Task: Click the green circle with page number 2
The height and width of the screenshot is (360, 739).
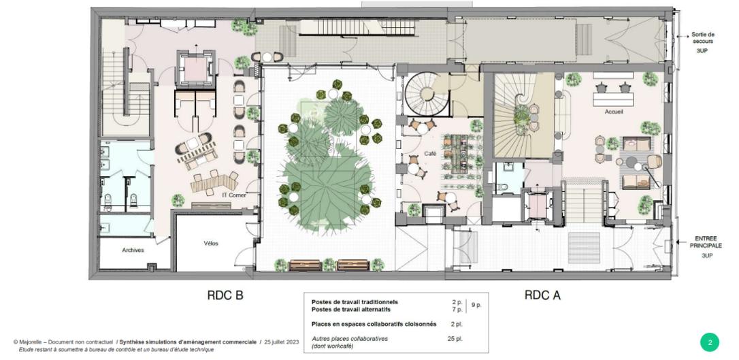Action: coord(710,342)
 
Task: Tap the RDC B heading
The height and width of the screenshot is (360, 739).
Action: coord(225,295)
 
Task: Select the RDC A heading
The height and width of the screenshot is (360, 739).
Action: coord(542,295)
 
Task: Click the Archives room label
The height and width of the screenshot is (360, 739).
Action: coord(133,250)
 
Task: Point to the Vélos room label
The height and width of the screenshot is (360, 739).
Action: coord(211,244)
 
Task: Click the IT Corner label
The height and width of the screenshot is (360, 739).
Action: coord(234,195)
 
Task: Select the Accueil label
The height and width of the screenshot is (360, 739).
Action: coord(614,112)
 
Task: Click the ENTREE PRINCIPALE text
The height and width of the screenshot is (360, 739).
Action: coord(706,242)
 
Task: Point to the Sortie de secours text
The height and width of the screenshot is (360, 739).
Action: coord(703,37)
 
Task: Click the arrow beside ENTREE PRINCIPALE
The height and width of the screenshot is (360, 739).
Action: coord(681,242)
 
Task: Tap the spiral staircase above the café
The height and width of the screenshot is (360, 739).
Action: coord(427,94)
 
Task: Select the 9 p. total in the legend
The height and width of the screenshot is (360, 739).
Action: coord(476,305)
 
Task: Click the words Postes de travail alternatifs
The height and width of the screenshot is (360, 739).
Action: coord(350,310)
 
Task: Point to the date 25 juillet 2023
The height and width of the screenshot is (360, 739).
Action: coord(281,342)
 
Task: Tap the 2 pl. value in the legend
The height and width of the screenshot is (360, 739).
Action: coord(456,324)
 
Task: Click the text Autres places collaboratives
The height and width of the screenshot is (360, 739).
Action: coord(349,338)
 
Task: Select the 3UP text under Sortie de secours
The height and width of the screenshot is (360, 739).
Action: coord(702,50)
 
